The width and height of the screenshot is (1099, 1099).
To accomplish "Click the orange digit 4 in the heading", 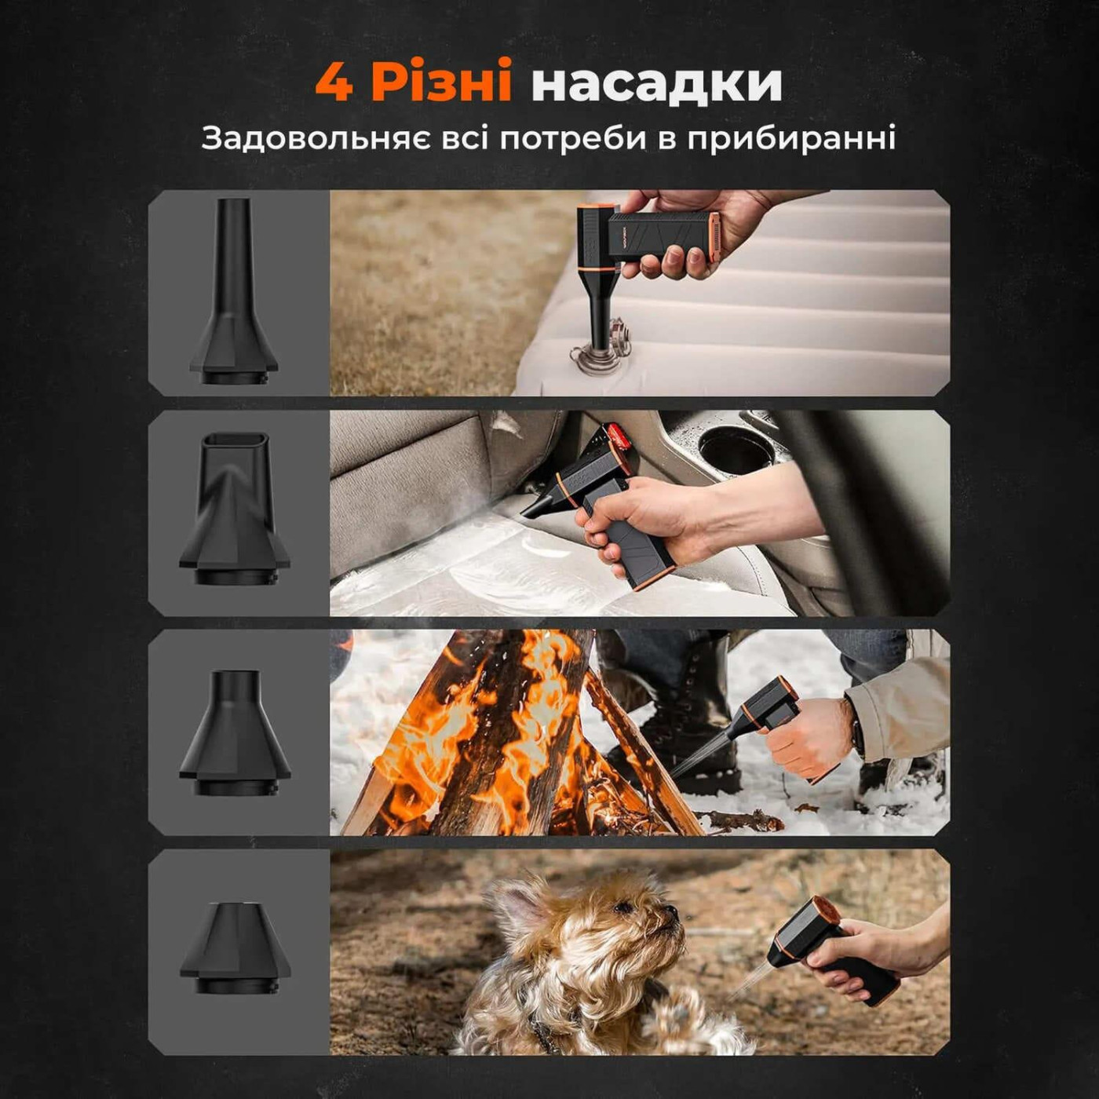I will pos(334,82).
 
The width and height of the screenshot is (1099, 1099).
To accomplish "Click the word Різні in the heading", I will pos(442,82).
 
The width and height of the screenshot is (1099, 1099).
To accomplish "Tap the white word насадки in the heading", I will pos(656,82).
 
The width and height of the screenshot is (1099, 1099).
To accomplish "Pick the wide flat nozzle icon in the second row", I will pos(234,509).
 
